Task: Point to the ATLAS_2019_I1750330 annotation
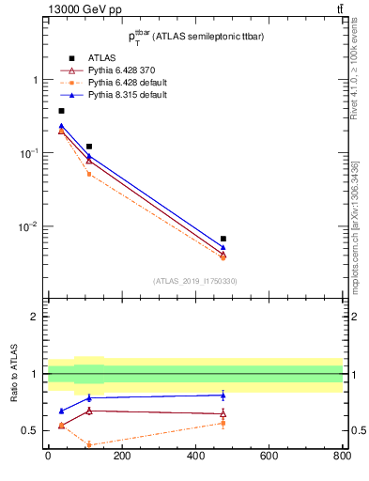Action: point(194,281)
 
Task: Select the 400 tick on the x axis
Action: point(195,457)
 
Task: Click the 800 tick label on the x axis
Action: point(342,457)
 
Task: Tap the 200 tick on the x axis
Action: point(121,457)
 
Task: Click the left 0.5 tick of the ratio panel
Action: point(35,431)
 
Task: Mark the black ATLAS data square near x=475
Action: point(223,239)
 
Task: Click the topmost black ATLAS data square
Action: point(61,111)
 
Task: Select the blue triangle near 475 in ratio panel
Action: point(223,396)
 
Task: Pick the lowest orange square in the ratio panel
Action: point(88,445)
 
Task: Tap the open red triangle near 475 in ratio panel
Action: point(223,413)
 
